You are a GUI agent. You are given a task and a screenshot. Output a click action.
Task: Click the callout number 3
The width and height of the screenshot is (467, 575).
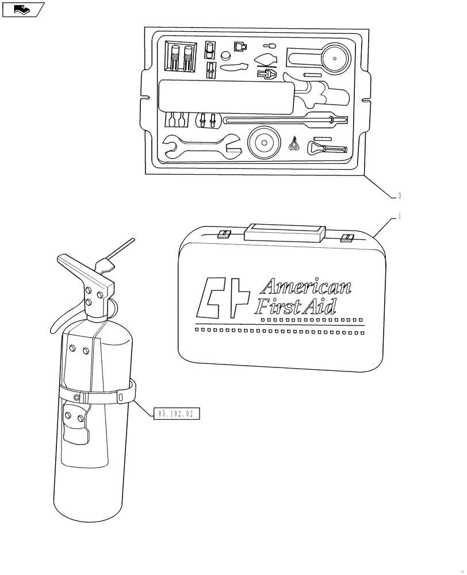399,196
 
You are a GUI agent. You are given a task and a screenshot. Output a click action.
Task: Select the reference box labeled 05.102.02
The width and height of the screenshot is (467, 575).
176,413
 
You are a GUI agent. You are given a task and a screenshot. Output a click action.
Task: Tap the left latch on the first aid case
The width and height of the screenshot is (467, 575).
224,234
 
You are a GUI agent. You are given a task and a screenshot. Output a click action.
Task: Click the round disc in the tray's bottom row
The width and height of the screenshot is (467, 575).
264,141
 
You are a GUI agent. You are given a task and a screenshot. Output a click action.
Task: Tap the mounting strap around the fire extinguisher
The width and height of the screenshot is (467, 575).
98,396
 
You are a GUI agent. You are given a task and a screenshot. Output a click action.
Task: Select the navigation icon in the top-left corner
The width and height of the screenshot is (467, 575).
23,9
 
